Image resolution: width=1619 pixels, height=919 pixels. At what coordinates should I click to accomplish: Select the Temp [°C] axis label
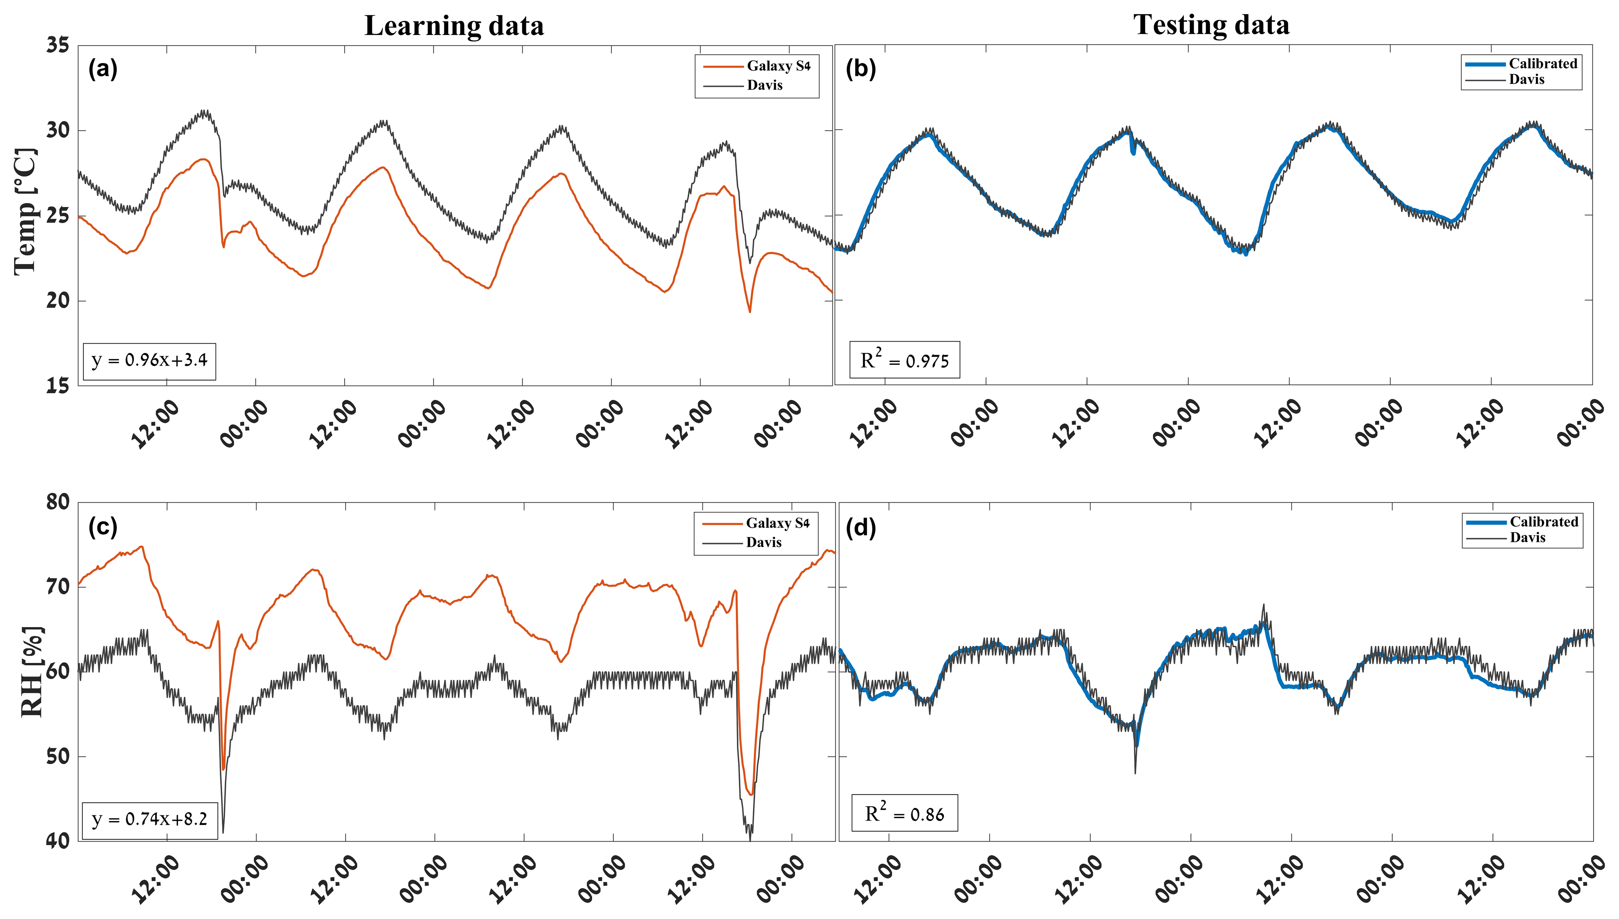coord(25,211)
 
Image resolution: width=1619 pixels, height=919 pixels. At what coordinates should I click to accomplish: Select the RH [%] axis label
coord(32,672)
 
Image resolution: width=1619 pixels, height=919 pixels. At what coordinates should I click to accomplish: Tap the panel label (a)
coord(103,68)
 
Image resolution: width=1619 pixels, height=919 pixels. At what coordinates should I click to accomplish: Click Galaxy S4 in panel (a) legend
coord(778,65)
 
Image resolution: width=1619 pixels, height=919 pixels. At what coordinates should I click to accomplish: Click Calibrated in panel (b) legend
coord(1543,63)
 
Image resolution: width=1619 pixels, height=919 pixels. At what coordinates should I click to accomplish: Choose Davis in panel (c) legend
coord(763,542)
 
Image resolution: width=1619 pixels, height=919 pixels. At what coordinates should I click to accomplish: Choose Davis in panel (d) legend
coord(1527,537)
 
